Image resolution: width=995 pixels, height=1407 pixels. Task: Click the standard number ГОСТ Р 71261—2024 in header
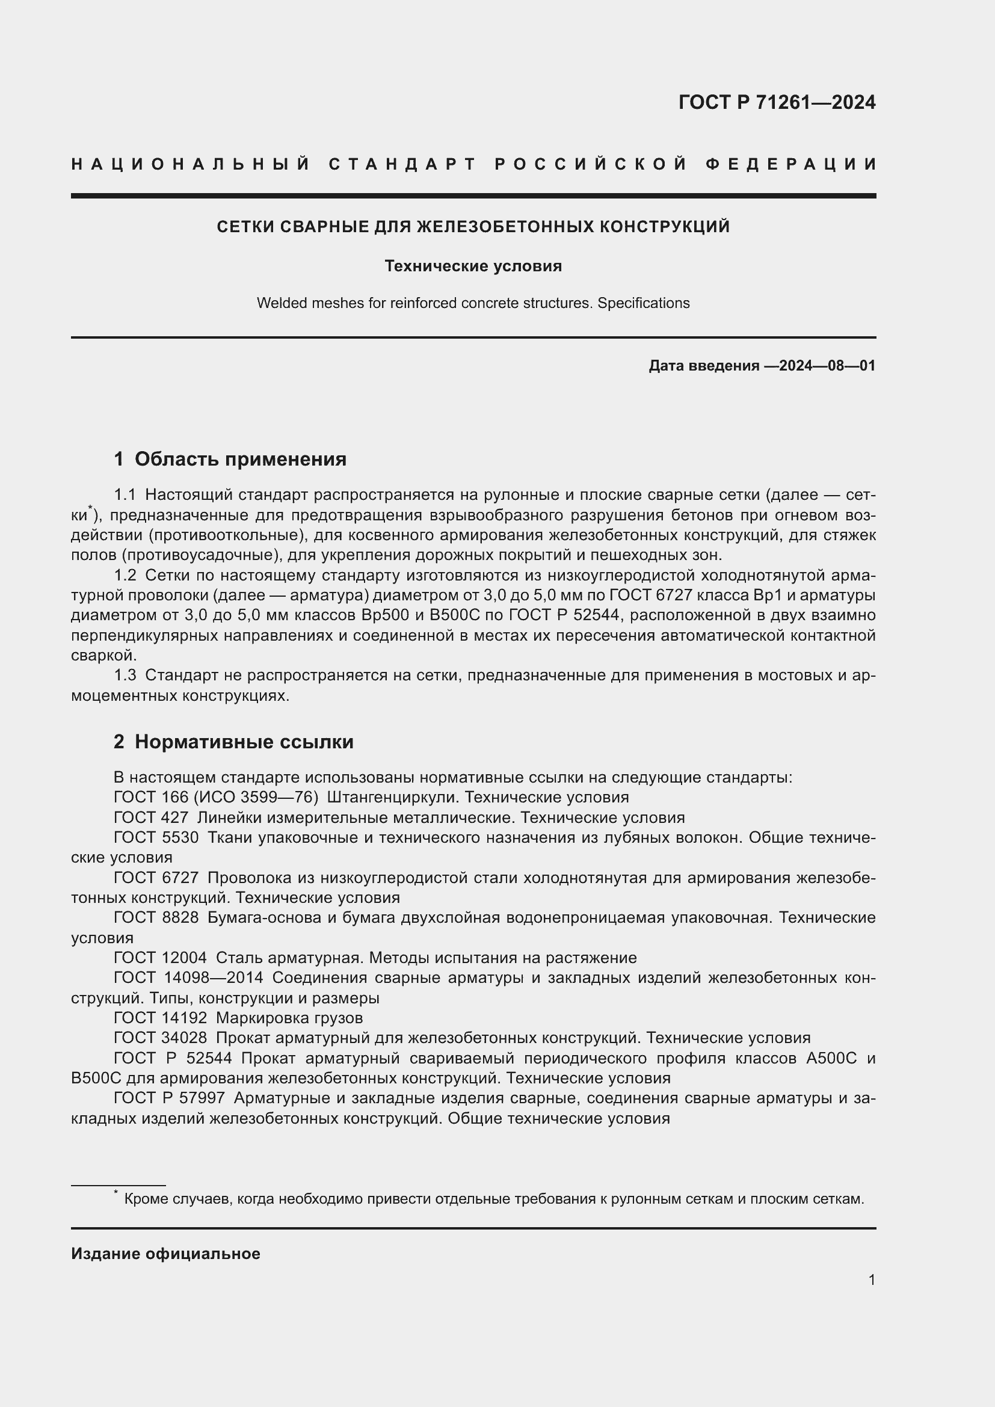click(x=776, y=102)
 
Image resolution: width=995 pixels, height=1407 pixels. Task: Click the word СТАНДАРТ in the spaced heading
click(x=402, y=164)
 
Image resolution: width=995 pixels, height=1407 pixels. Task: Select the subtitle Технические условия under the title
click(x=473, y=266)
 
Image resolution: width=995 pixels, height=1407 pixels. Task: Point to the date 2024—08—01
click(x=827, y=366)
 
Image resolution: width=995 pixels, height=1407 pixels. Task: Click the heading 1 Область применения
click(x=230, y=459)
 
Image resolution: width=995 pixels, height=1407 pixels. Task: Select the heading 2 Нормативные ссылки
click(x=233, y=742)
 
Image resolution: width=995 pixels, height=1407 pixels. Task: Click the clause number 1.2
click(x=125, y=576)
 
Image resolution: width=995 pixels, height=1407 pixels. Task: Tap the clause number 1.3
click(x=125, y=676)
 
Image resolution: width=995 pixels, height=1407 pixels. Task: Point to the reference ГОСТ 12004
click(x=160, y=958)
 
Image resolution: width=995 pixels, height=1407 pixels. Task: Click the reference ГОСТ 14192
click(x=160, y=1018)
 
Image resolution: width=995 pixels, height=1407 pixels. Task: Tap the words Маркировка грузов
click(x=289, y=1018)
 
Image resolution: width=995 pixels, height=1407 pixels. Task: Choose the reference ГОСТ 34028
click(x=160, y=1038)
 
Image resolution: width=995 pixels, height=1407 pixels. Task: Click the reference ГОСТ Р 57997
click(x=169, y=1098)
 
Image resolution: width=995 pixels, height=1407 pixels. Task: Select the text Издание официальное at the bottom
click(x=165, y=1254)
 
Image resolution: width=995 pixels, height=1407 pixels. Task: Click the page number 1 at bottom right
click(x=871, y=1279)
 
